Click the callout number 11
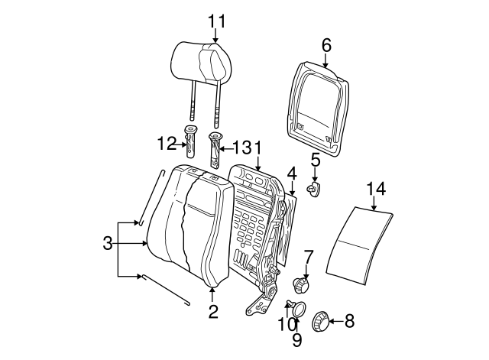[216, 21]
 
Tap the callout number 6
[326, 46]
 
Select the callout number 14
[376, 189]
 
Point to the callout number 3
[108, 243]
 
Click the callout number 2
[213, 311]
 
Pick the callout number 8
[350, 321]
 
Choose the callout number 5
[316, 160]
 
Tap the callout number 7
[308, 257]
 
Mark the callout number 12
[167, 144]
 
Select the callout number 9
[297, 340]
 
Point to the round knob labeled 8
[321, 321]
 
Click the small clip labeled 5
[314, 190]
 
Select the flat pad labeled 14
[360, 245]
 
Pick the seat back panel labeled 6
[318, 109]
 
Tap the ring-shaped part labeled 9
[300, 309]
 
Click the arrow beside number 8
[336, 321]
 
